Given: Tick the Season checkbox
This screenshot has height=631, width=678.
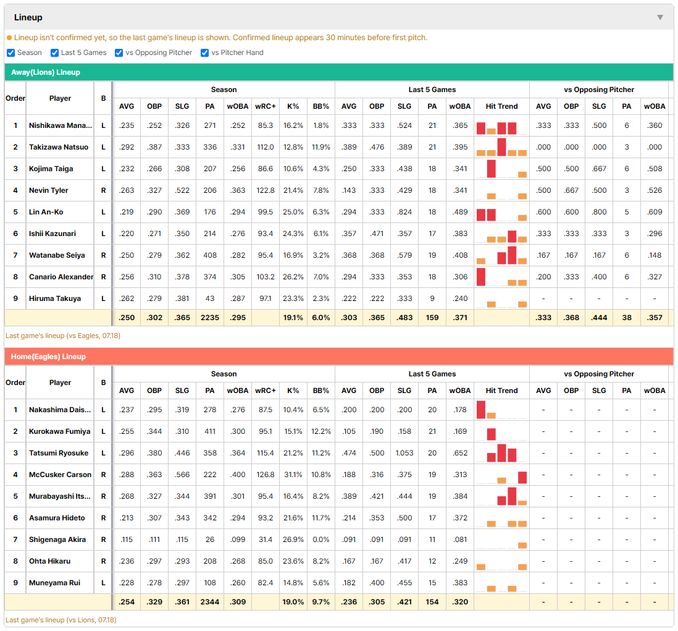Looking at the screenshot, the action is point(11,53).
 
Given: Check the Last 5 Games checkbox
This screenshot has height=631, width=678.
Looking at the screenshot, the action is point(54,53).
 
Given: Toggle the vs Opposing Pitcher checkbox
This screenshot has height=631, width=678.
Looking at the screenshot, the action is point(119,53).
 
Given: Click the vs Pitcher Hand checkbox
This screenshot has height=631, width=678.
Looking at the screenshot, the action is point(204,53).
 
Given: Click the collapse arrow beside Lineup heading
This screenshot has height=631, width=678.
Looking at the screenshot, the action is point(660,18).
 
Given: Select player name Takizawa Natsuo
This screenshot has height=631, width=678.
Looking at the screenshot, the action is point(59,147).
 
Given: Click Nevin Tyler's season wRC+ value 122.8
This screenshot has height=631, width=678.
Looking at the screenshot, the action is point(266,190).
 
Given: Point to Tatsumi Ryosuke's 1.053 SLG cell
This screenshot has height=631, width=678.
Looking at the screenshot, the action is point(404,453).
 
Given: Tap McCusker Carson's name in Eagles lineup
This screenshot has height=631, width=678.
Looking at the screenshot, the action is point(60,475).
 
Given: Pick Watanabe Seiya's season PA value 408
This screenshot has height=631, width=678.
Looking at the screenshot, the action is point(210,255).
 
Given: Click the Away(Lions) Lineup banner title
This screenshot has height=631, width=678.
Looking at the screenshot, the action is point(46,72).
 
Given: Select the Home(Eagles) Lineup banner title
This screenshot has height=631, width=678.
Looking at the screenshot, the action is point(48,357).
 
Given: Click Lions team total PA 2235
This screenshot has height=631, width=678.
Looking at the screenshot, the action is point(210,318).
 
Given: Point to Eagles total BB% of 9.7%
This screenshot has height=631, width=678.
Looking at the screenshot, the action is point(321,602).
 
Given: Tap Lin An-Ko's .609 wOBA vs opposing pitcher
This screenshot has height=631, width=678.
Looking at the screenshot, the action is point(655,212).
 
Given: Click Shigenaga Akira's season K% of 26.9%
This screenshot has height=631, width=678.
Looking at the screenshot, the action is point(293,540).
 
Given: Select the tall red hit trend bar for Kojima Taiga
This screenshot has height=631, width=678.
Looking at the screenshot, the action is point(491,169).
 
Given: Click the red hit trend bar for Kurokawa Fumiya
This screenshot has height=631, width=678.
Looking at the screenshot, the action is point(491,434).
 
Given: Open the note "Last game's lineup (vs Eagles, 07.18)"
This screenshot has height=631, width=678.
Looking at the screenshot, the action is point(63,336).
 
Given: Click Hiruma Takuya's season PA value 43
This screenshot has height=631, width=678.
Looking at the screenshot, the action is point(210,299).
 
